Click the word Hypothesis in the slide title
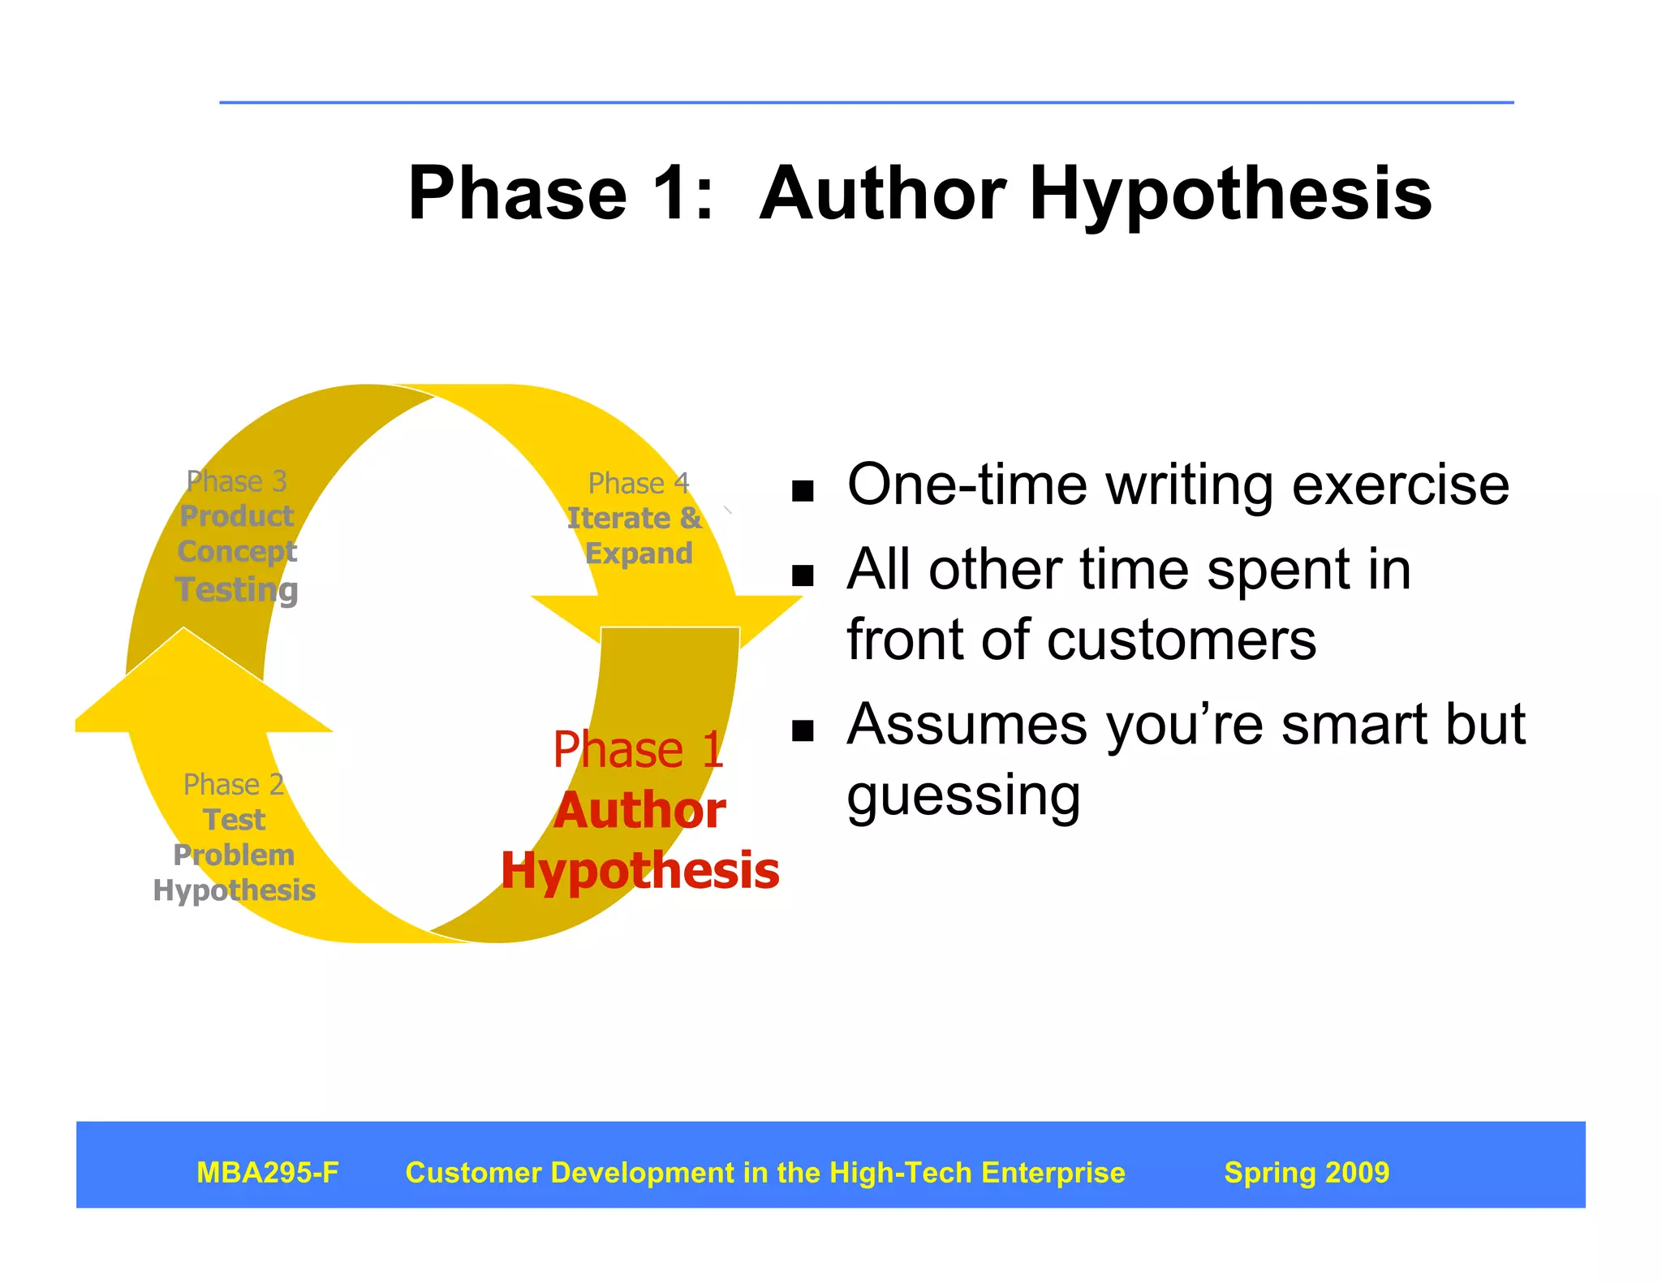[1230, 195]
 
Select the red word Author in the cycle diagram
[639, 811]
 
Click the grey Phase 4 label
[639, 484]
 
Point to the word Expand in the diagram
[639, 554]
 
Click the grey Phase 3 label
[236, 481]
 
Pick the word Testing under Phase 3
[236, 589]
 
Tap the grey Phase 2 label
[233, 785]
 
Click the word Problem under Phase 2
[234, 855]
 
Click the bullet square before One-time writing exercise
[802, 491]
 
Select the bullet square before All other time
[802, 575]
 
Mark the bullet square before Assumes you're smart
[802, 730]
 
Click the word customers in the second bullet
[1181, 640]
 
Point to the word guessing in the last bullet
[963, 796]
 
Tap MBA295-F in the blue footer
[268, 1172]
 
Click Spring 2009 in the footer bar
[1307, 1172]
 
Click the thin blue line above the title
[866, 102]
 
